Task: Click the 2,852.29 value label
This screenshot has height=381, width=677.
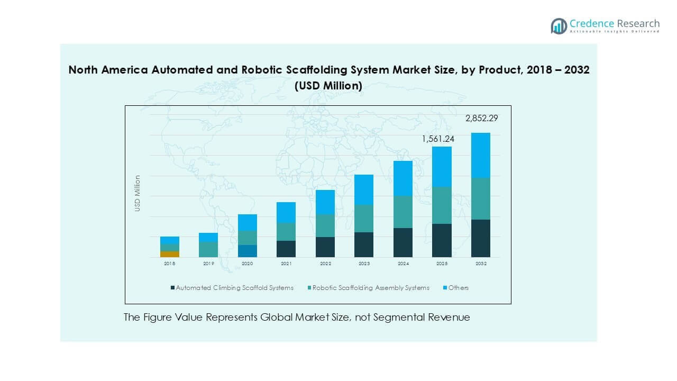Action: pyautogui.click(x=481, y=119)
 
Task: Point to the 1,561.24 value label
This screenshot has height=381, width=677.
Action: pyautogui.click(x=437, y=139)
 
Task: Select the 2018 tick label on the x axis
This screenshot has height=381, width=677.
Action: pyautogui.click(x=169, y=264)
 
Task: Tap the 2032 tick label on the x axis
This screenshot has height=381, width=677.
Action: pyautogui.click(x=481, y=264)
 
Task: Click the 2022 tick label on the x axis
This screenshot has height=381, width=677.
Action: pyautogui.click(x=325, y=264)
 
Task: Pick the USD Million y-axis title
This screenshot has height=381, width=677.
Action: pyautogui.click(x=138, y=193)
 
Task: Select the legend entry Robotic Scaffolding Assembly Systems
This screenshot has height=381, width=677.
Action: pyautogui.click(x=371, y=288)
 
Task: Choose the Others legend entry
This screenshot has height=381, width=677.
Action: pyautogui.click(x=458, y=288)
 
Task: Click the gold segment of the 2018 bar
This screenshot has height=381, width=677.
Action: pyautogui.click(x=169, y=254)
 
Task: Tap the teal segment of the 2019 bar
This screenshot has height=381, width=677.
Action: pyautogui.click(x=208, y=249)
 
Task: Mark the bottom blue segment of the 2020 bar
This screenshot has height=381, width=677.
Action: pyautogui.click(x=248, y=251)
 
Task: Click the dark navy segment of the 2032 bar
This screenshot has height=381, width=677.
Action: pyautogui.click(x=481, y=238)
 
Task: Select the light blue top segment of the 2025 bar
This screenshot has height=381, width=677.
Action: pyautogui.click(x=442, y=166)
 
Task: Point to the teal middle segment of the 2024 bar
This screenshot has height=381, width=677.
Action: pyautogui.click(x=403, y=212)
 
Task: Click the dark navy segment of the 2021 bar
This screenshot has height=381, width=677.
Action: pyautogui.click(x=286, y=249)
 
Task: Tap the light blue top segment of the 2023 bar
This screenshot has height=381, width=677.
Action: pyautogui.click(x=364, y=189)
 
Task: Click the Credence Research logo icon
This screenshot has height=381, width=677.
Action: pyautogui.click(x=559, y=26)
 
